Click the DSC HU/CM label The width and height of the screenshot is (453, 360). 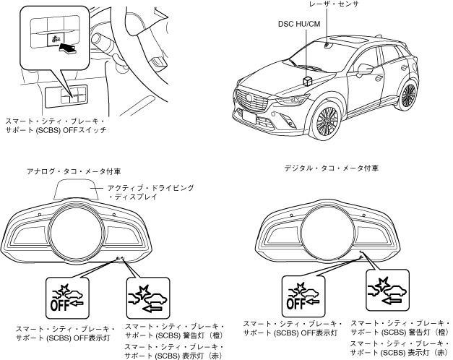pyautogui.click(x=298, y=24)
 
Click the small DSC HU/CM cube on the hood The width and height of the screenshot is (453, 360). pyautogui.click(x=308, y=81)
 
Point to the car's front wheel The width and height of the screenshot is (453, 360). pyautogui.click(x=328, y=124)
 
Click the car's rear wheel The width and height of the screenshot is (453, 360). pyautogui.click(x=408, y=97)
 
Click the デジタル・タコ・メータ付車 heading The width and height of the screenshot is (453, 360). pyautogui.click(x=329, y=168)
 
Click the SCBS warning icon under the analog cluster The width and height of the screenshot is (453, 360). pyautogui.click(x=147, y=296)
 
